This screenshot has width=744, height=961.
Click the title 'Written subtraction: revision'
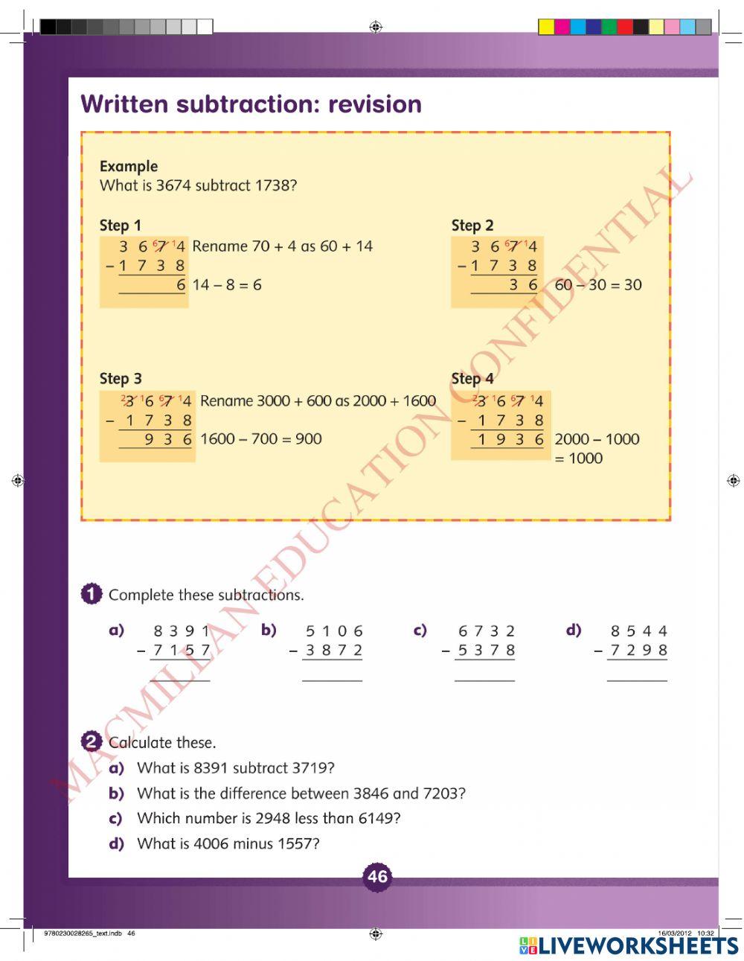(251, 104)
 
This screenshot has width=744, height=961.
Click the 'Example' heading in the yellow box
(129, 166)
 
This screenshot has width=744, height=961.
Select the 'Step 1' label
(120, 226)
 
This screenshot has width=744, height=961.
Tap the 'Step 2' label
(472, 226)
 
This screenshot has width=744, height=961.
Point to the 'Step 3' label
(121, 379)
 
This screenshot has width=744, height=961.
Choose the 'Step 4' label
(472, 379)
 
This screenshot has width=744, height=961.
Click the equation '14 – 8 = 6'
(227, 285)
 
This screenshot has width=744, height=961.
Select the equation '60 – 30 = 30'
(598, 285)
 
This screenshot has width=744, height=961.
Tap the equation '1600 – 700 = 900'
(260, 439)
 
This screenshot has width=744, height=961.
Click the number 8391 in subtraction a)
(182, 631)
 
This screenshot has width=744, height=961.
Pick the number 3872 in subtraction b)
(334, 651)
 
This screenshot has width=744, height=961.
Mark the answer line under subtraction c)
(484, 680)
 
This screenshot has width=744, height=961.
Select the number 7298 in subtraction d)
(638, 651)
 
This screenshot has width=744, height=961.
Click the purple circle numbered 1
(91, 594)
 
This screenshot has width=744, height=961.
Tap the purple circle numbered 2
(91, 741)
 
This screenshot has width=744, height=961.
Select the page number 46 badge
(377, 876)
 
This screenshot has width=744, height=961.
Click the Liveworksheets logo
(629, 945)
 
